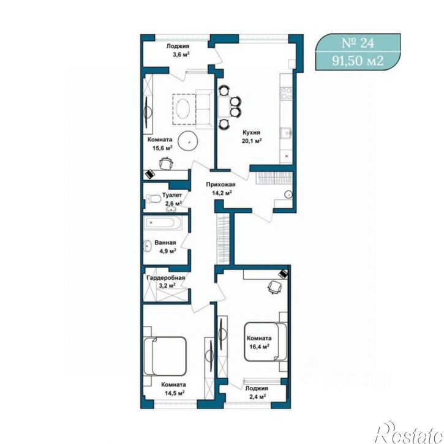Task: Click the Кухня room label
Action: click(251, 132)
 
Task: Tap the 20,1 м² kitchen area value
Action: click(252, 141)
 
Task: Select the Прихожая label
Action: click(220, 185)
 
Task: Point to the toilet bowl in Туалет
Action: click(153, 198)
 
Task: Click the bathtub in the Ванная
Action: click(163, 224)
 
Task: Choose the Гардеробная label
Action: click(165, 278)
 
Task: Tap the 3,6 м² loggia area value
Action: click(181, 55)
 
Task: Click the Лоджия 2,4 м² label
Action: click(257, 393)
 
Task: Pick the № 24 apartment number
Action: click(358, 43)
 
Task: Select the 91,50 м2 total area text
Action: click(358, 60)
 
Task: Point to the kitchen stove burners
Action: click(286, 94)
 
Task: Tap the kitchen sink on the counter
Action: click(286, 133)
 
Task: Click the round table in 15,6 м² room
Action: click(188, 141)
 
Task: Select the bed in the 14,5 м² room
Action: click(165, 356)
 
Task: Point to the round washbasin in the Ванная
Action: click(148, 246)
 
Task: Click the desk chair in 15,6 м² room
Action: click(166, 164)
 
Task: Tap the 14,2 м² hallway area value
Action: click(222, 193)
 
